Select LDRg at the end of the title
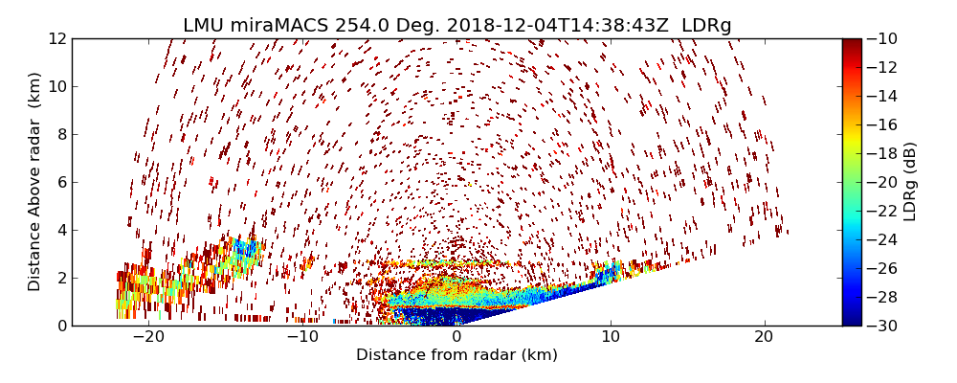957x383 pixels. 706,26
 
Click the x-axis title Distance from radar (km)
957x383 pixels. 456,355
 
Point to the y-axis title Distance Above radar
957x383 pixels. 35,182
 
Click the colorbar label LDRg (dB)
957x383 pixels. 909,182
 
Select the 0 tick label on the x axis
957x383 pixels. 456,337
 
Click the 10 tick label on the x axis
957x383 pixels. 611,337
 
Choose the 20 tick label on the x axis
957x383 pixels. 764,337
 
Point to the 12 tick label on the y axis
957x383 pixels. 56,38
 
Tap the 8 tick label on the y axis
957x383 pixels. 60,134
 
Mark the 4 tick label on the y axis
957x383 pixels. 60,230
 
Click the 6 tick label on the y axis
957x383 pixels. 60,182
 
